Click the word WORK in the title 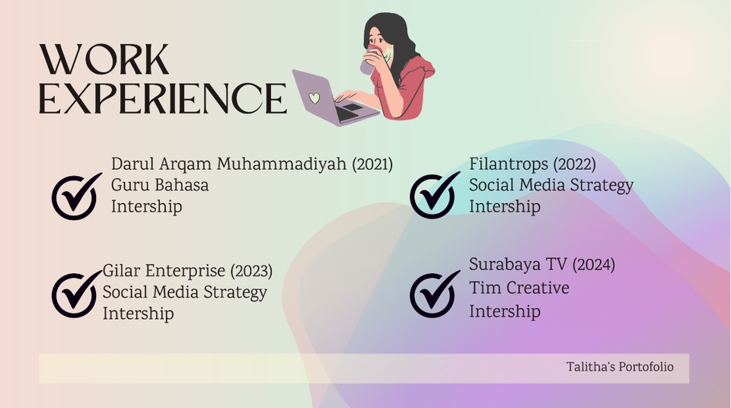pyautogui.click(x=104, y=59)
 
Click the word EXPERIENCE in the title pyautogui.click(x=163, y=98)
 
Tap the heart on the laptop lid pyautogui.click(x=314, y=98)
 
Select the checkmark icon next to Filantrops pyautogui.click(x=433, y=196)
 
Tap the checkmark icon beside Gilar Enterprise pyautogui.click(x=75, y=295)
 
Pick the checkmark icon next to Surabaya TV pyautogui.click(x=433, y=295)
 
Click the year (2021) pyautogui.click(x=372, y=164)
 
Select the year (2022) pyautogui.click(x=574, y=164)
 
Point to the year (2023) pyautogui.click(x=251, y=272)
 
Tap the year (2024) pyautogui.click(x=593, y=265)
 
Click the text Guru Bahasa pyautogui.click(x=160, y=186)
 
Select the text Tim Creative pyautogui.click(x=519, y=288)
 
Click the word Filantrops pyautogui.click(x=509, y=164)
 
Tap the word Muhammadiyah pyautogui.click(x=282, y=164)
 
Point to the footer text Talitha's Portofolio pyautogui.click(x=620, y=368)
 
